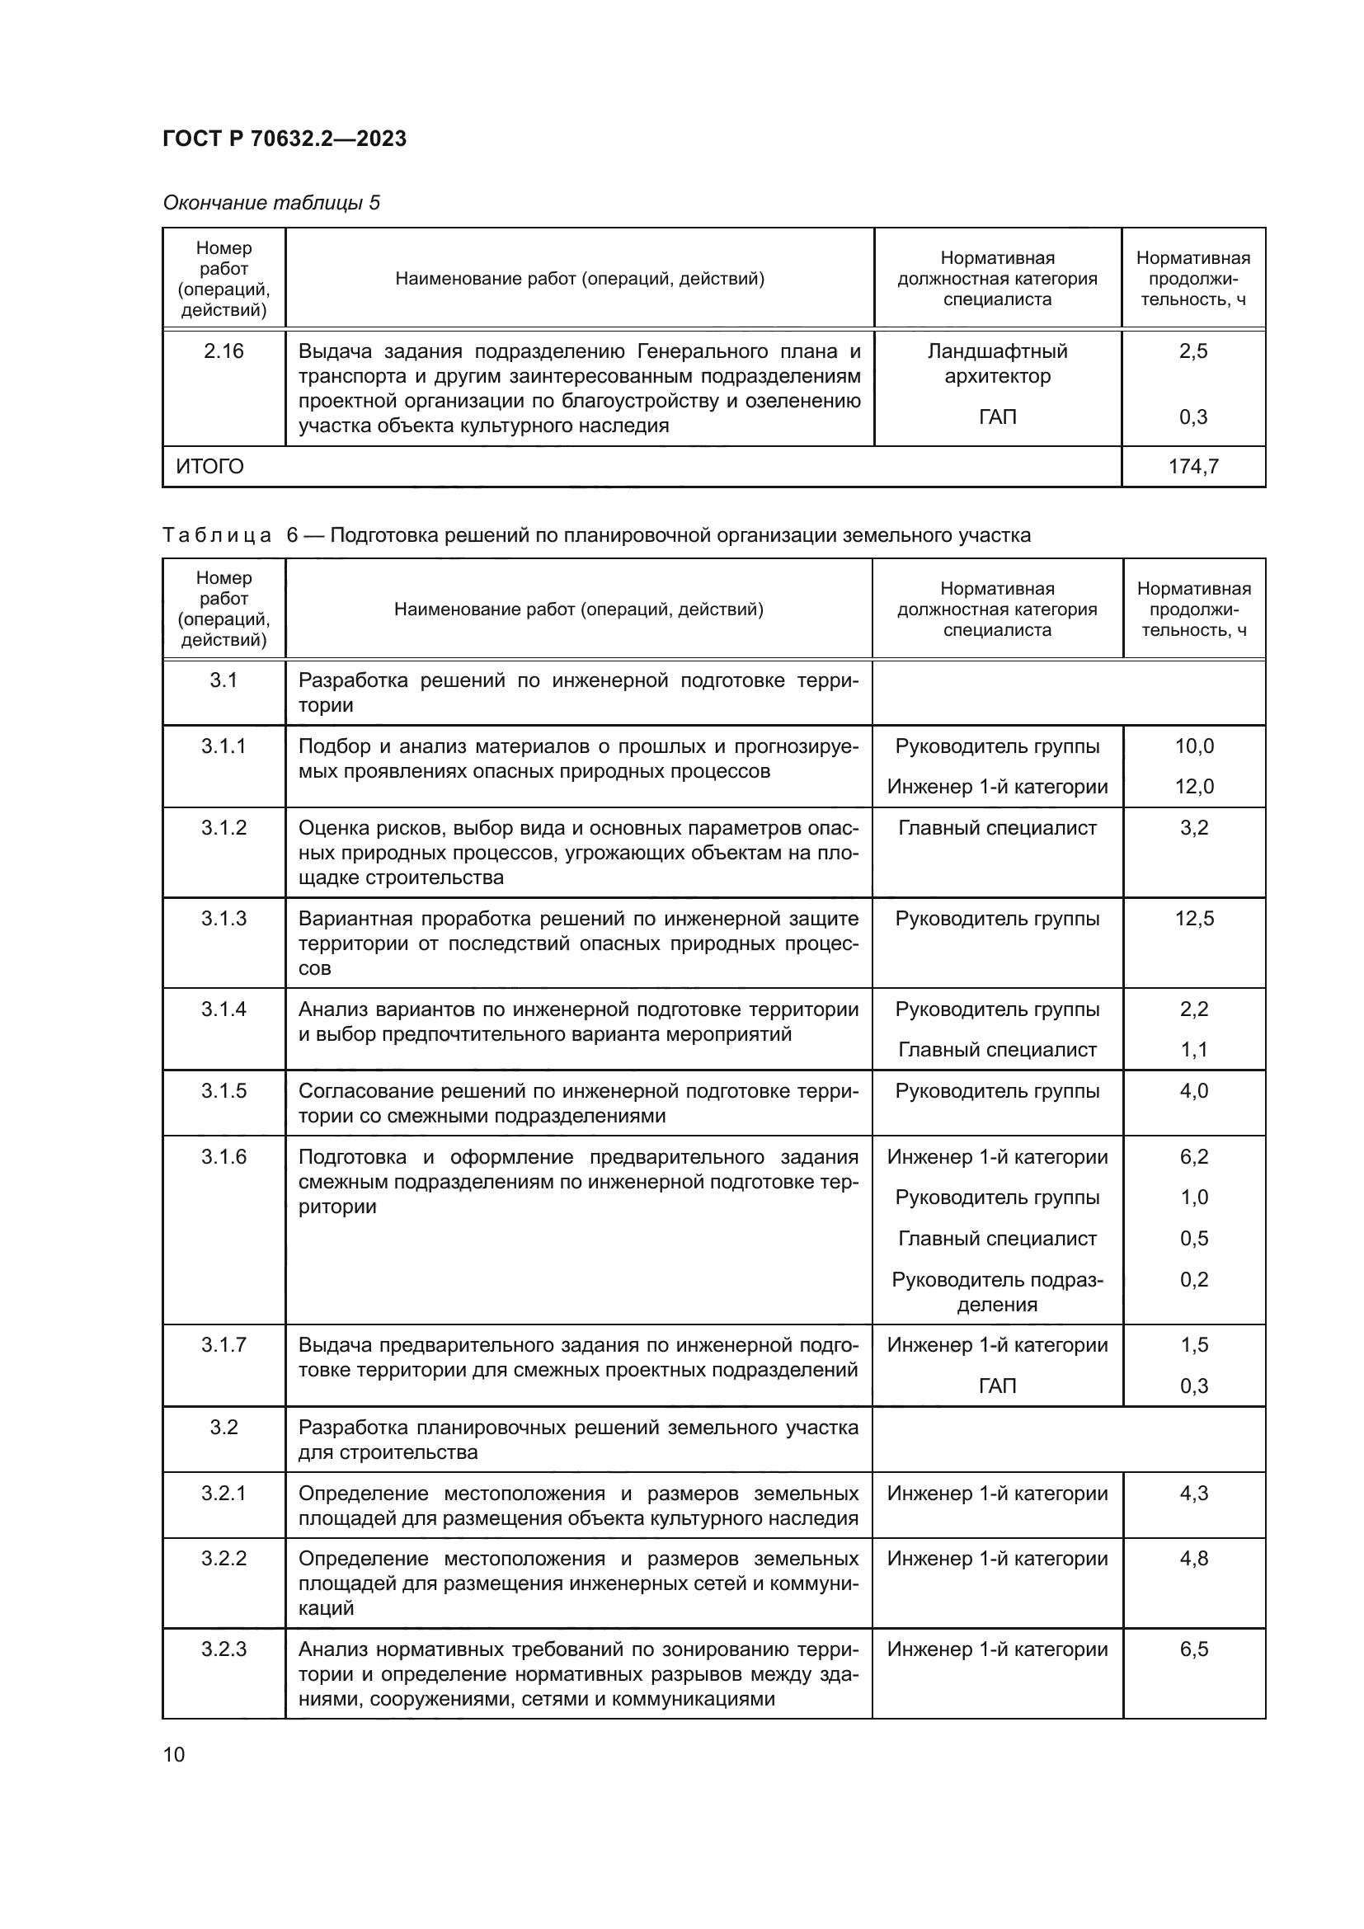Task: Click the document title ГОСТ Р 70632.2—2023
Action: click(x=284, y=139)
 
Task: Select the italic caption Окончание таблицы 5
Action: click(x=271, y=203)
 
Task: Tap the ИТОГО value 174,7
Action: click(x=1192, y=466)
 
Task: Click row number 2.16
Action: click(x=223, y=351)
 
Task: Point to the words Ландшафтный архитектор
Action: click(x=997, y=363)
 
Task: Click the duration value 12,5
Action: click(x=1193, y=918)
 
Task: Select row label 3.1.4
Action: click(x=223, y=1009)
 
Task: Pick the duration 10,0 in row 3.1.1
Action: click(x=1193, y=746)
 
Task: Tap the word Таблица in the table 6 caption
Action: click(x=217, y=535)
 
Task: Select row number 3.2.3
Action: click(x=223, y=1649)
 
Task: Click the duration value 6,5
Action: click(x=1193, y=1649)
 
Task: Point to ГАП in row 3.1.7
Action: click(x=997, y=1386)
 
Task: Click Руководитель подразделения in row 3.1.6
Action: click(x=997, y=1291)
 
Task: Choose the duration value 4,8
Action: click(x=1193, y=1559)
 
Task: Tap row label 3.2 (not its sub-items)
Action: click(x=223, y=1428)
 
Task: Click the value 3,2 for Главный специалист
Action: click(x=1193, y=827)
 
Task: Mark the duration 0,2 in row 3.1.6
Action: click(x=1193, y=1280)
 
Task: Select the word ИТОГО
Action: click(x=210, y=466)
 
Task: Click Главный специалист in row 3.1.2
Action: click(x=997, y=827)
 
